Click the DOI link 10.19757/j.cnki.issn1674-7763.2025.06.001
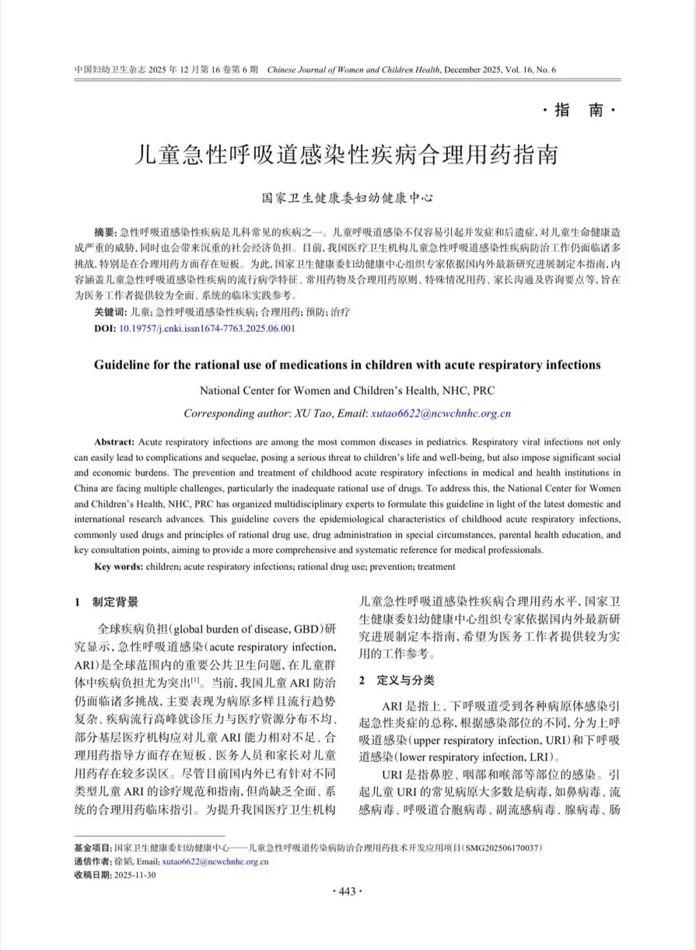[207, 328]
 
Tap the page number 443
[347, 891]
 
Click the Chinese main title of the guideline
[347, 155]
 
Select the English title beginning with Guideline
[347, 365]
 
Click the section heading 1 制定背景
[106, 602]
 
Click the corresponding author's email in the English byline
[441, 414]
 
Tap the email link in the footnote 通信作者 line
[215, 861]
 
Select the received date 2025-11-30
[135, 875]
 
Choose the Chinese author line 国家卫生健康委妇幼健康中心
[347, 198]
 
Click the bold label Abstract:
[114, 442]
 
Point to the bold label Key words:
[119, 567]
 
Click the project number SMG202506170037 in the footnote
[502, 848]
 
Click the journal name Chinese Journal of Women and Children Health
[353, 70]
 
